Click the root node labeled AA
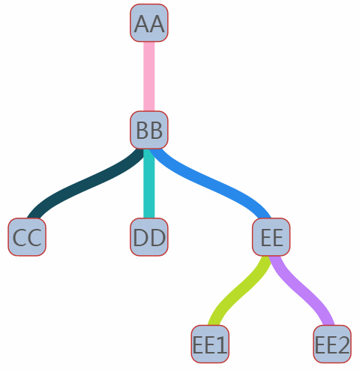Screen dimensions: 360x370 149,23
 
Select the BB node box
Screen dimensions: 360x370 149,130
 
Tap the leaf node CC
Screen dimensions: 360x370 27,237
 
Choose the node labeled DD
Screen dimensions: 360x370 149,237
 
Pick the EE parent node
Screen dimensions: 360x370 271,237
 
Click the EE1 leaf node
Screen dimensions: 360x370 210,344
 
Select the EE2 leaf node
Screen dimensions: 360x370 332,344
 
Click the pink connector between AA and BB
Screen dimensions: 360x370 149,77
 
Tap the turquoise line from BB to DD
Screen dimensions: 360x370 149,183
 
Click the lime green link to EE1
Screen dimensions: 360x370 239,291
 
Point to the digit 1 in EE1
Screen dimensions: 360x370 220,344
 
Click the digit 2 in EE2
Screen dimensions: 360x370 343,344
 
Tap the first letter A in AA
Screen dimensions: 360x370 142,24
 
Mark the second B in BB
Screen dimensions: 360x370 157,131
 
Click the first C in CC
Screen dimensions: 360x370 19,237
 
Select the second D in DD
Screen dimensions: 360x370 158,237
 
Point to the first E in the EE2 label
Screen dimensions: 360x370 320,344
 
